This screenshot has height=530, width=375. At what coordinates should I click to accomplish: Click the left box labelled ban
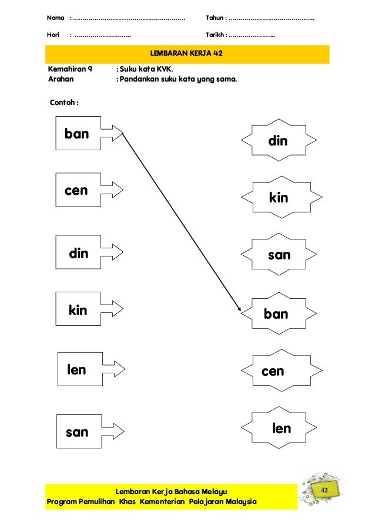(x=78, y=134)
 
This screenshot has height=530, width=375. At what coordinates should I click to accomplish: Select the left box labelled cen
(x=78, y=191)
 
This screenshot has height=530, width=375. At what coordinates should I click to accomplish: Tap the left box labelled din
(x=78, y=254)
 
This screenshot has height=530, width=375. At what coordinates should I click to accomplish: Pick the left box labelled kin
(x=78, y=310)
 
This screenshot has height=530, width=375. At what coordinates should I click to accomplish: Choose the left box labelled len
(x=78, y=370)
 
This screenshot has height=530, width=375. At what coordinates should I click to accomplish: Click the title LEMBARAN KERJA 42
(x=187, y=54)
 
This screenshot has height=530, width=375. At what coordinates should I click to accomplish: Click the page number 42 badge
(x=325, y=490)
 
